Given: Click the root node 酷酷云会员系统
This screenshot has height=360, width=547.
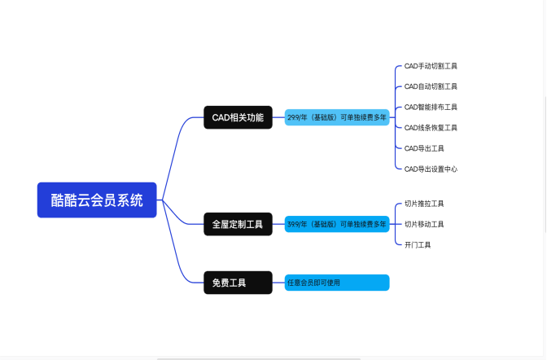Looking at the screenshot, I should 96,200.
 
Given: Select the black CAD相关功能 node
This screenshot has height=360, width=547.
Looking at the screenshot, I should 237,117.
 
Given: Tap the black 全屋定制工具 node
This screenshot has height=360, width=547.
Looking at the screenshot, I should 237,224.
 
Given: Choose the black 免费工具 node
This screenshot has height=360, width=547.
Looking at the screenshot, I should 237,283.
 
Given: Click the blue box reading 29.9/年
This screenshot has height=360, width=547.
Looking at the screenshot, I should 337,117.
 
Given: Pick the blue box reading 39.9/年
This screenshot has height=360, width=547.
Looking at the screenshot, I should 337,224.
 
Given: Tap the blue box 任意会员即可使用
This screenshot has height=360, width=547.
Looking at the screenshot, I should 337,283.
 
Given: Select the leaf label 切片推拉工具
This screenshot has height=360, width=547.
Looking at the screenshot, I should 424,204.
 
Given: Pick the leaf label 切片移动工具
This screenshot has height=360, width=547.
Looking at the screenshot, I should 424,224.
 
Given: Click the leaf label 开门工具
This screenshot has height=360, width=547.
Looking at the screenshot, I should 418,244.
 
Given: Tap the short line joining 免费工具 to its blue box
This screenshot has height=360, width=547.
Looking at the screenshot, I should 278,283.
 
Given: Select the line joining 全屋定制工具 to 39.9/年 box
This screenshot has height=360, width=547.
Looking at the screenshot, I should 278,224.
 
